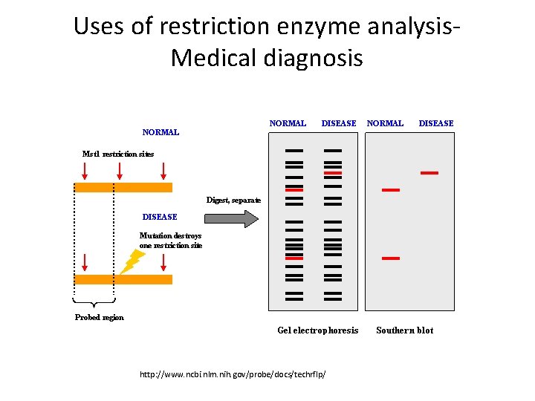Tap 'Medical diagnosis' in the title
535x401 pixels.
pyautogui.click(x=267, y=58)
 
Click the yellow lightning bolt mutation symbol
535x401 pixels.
pyautogui.click(x=133, y=261)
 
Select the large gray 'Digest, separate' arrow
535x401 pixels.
pyautogui.click(x=231, y=218)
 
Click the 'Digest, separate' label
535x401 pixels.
pyautogui.click(x=233, y=200)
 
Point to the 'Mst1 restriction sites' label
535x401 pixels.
pyautogui.click(x=118, y=154)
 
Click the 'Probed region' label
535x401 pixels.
pyautogui.click(x=100, y=317)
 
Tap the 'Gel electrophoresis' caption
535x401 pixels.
pyautogui.click(x=317, y=330)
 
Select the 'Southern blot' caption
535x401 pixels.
pyautogui.click(x=404, y=330)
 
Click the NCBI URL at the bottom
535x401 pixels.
pyautogui.click(x=233, y=374)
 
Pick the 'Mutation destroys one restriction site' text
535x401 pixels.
pyautogui.click(x=170, y=240)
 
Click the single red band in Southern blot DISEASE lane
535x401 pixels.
pyautogui.click(x=429, y=173)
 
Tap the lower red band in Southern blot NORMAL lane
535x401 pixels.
pyautogui.click(x=391, y=258)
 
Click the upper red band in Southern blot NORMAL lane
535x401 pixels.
pyautogui.click(x=391, y=190)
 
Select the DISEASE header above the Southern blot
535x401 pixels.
pyautogui.click(x=435, y=123)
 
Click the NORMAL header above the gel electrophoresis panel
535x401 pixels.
pyautogui.click(x=288, y=123)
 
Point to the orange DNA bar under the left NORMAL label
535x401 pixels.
pyautogui.click(x=123, y=188)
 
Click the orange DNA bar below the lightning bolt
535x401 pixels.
pyautogui.click(x=123, y=279)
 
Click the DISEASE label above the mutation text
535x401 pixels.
pyautogui.click(x=160, y=217)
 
